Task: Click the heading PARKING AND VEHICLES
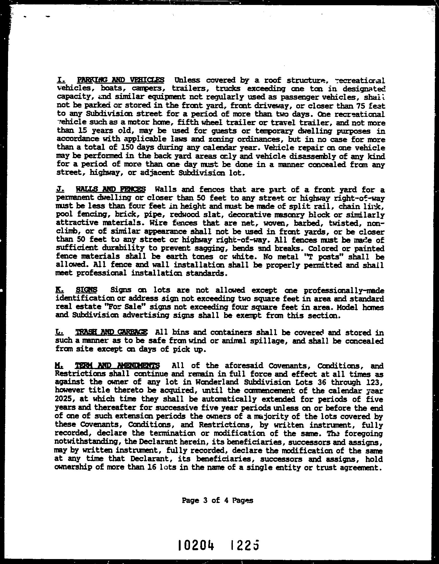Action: click(121, 80)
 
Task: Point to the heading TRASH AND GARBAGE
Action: click(111, 332)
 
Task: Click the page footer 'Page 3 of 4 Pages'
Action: click(217, 500)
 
